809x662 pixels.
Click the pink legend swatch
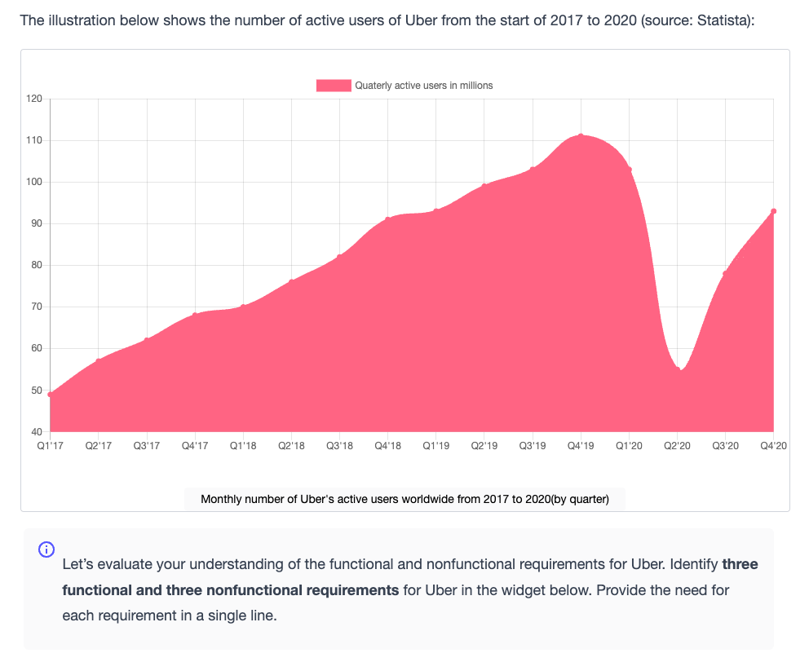[334, 86]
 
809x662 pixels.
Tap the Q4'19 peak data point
[581, 136]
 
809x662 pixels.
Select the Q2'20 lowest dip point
[678, 369]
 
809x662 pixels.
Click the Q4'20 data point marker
[773, 211]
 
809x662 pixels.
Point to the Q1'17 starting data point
[50, 395]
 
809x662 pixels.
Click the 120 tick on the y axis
[34, 99]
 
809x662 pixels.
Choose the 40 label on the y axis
[37, 432]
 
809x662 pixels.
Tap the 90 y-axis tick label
[37, 223]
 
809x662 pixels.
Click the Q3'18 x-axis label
[339, 445]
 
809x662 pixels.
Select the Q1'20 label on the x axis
[629, 445]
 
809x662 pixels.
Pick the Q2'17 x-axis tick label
[99, 445]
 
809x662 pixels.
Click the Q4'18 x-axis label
[388, 445]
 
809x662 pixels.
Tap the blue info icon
[46, 549]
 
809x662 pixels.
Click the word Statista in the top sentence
[723, 20]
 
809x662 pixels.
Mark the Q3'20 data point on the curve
[726, 273]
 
